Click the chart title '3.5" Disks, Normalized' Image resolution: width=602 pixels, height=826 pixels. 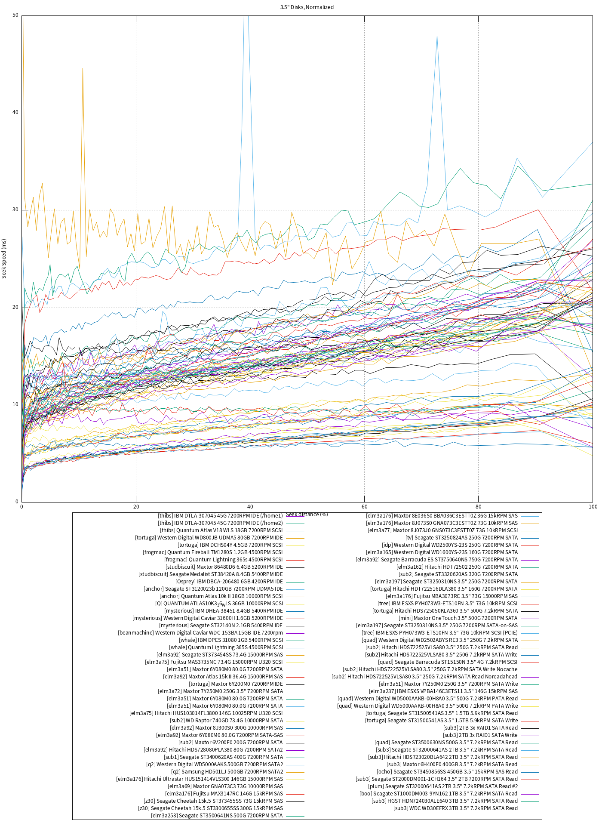point(307,7)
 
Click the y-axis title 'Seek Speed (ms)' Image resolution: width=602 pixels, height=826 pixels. point(4,259)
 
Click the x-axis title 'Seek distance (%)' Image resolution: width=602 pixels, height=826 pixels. point(307,514)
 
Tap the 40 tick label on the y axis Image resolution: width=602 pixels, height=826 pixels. point(15,113)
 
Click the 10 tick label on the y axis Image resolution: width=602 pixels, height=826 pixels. point(15,404)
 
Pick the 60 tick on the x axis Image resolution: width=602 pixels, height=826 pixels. point(364,506)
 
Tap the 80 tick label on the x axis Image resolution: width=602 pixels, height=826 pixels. point(478,506)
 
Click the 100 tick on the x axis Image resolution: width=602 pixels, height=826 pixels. point(593,506)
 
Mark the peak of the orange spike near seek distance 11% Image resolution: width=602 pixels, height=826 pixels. point(83,68)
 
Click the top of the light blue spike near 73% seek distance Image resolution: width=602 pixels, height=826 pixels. point(437,36)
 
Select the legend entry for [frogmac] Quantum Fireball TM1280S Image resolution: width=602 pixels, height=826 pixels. point(213,552)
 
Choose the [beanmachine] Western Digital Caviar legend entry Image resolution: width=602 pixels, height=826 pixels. point(200,633)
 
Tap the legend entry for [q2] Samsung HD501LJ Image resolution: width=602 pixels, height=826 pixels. point(227,772)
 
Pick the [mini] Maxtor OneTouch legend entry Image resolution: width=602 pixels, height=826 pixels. point(458,618)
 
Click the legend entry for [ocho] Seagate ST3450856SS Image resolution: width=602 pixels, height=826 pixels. point(447,772)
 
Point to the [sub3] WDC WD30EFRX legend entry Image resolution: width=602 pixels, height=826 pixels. point(455,808)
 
